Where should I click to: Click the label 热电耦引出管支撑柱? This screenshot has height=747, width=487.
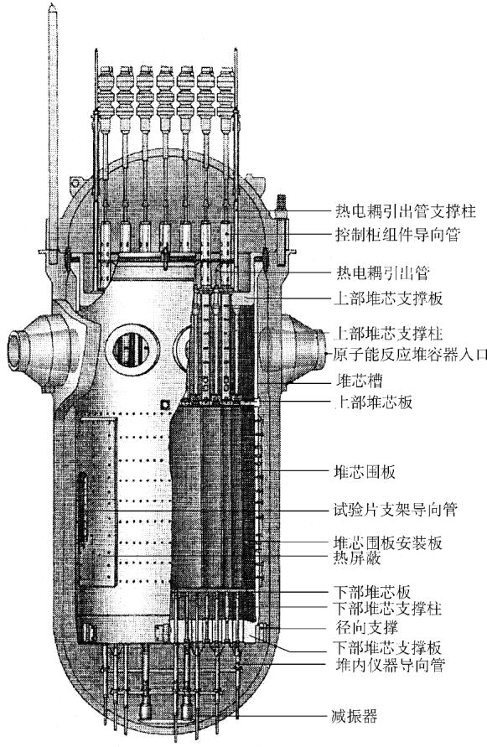point(405,210)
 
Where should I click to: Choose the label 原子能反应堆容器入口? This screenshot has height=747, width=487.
point(410,355)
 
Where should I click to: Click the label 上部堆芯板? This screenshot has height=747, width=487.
point(374,402)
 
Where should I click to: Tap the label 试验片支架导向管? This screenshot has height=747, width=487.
point(396,509)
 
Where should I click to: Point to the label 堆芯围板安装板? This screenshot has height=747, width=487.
point(388,542)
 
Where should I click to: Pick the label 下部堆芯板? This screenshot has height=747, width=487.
point(373,593)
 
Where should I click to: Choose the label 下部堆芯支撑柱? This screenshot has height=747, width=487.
point(388,609)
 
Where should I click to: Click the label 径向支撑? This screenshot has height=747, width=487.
point(366,627)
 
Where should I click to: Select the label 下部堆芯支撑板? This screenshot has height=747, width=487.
point(388,647)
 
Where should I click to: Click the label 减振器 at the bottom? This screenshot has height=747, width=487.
point(355,715)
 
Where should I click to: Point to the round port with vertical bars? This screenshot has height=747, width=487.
point(132,350)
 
